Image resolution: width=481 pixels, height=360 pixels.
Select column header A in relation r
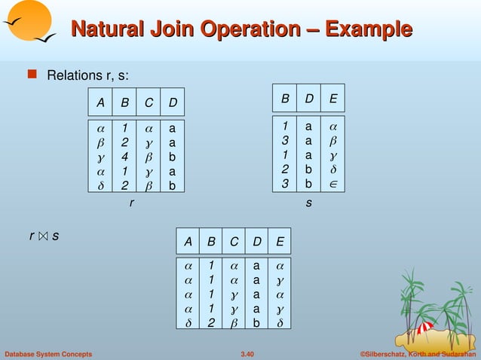(x=100, y=102)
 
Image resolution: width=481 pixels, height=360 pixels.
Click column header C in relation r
(x=149, y=102)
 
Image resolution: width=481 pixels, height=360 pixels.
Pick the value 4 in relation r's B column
(x=124, y=157)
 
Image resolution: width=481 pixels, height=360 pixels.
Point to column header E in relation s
(x=333, y=99)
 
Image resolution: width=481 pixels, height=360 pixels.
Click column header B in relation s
(x=285, y=99)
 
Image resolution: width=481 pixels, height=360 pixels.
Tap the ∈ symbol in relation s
(x=333, y=182)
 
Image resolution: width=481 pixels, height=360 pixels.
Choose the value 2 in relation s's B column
(x=285, y=169)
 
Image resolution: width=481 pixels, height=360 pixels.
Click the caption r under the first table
(x=132, y=203)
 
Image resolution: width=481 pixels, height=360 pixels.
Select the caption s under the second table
(x=308, y=203)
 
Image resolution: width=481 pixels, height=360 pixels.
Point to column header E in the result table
(x=280, y=242)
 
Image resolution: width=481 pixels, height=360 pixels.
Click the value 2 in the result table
(x=211, y=322)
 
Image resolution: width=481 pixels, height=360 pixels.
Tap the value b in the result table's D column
(x=257, y=322)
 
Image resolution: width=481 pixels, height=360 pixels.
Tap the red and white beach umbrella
(x=424, y=327)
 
